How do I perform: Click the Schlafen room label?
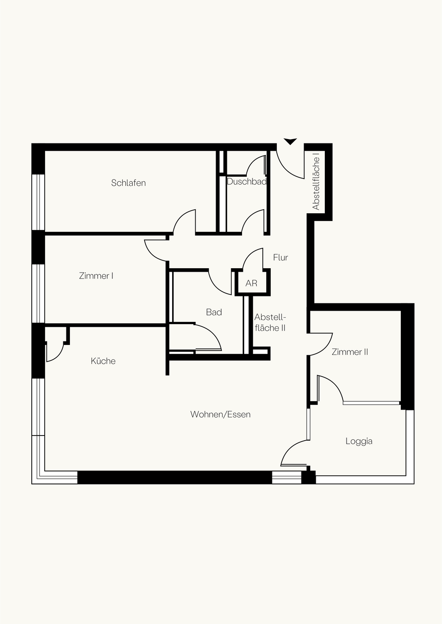128,183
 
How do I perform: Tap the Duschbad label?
246,182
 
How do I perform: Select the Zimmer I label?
96,276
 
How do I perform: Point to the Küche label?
103,361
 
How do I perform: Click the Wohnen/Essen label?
220,415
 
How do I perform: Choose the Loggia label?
359,442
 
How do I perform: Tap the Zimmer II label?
350,352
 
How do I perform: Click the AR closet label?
251,283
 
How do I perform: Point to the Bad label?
214,312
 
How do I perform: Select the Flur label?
281,257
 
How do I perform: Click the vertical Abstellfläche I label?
316,184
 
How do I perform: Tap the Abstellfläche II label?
270,322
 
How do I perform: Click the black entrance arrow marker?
290,142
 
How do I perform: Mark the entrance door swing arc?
285,170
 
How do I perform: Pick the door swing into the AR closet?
249,253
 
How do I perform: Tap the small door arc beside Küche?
59,355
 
